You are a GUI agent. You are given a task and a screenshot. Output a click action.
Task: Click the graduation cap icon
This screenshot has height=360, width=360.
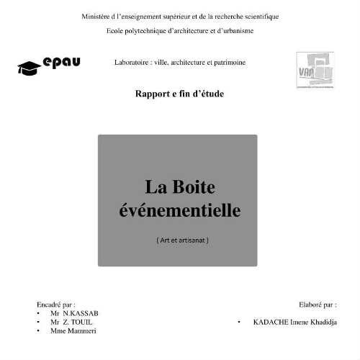(x=29, y=67)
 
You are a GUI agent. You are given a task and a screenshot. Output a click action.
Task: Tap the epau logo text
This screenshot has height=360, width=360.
(x=61, y=63)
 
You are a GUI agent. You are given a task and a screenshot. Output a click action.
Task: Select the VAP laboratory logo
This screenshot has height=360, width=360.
(x=315, y=69)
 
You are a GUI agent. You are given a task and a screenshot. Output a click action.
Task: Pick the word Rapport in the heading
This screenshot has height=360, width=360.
(x=152, y=94)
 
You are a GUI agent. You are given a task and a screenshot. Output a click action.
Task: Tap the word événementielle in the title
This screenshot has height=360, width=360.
(x=179, y=210)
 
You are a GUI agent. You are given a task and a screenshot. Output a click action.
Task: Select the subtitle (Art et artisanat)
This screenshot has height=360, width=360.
(x=181, y=240)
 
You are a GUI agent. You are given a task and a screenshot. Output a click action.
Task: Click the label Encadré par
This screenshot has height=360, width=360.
(x=56, y=305)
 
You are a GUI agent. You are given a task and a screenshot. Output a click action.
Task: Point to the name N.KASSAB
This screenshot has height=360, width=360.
(x=81, y=314)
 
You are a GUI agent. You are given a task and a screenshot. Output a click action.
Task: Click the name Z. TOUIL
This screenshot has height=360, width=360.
(x=78, y=323)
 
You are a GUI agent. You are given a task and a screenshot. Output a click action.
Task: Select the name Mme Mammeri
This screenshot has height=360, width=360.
(x=73, y=331)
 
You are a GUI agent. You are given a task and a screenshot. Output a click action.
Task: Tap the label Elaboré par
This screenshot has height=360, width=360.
(x=318, y=305)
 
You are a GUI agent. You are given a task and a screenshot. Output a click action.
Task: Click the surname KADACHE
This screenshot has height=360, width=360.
(x=269, y=323)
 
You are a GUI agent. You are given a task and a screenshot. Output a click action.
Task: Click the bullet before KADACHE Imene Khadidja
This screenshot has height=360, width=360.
(x=239, y=323)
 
